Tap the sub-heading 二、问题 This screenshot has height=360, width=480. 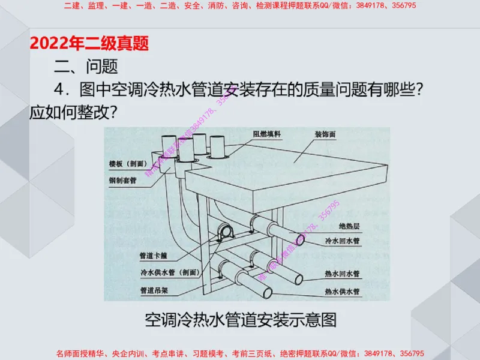click(x=86, y=65)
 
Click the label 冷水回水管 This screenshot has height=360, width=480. click(x=342, y=241)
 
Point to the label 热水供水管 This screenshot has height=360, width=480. click(x=342, y=292)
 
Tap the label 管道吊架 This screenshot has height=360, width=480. click(x=155, y=290)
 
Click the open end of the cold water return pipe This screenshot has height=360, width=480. click(x=300, y=239)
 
